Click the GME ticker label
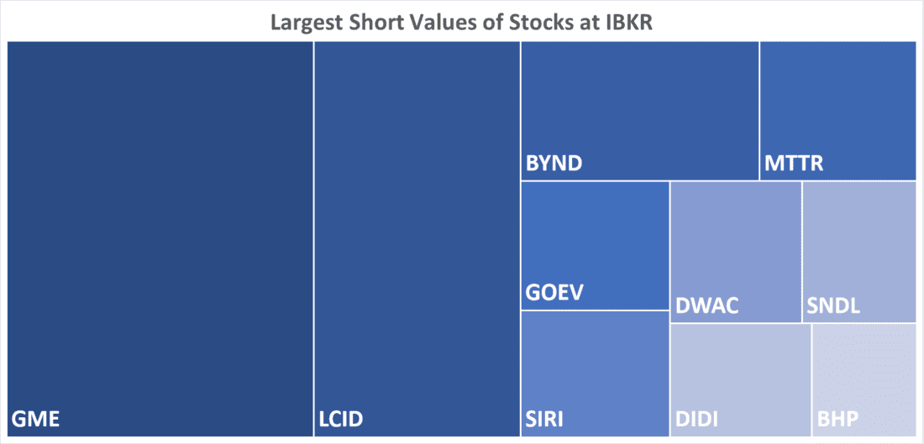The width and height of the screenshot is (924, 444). [37, 418]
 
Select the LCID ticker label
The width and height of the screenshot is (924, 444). [341, 418]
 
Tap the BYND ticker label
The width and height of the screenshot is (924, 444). [554, 163]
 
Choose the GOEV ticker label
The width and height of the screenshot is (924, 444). [554, 293]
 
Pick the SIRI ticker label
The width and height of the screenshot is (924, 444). [544, 418]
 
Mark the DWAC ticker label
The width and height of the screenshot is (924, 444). [706, 305]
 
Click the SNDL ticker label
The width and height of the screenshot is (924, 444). [833, 305]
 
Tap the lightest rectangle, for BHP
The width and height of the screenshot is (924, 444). [864, 369]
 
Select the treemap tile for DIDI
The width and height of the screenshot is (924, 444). [741, 369]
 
